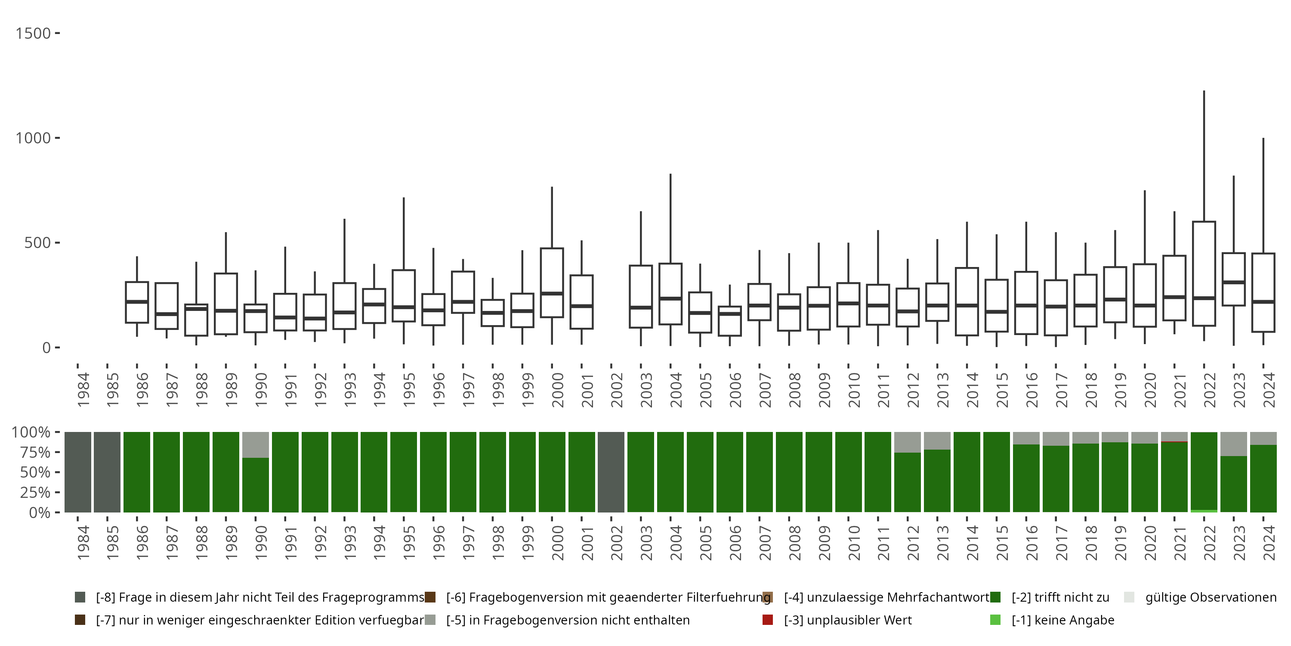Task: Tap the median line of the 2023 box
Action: pos(1233,283)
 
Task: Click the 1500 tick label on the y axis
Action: pos(33,34)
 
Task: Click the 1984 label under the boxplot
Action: pos(83,390)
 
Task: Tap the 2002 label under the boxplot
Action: pos(617,390)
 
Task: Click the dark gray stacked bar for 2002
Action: pos(611,472)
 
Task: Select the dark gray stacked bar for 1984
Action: pos(78,472)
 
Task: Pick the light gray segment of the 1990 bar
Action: pos(256,444)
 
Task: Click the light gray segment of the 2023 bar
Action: pos(1233,444)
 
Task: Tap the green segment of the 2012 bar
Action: pos(908,482)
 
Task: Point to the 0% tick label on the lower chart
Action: pos(39,512)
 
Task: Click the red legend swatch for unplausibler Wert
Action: pos(767,620)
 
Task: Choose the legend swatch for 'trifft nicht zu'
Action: pos(995,597)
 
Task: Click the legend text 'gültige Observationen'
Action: pos(1210,597)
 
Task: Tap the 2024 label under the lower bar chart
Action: pos(1269,543)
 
